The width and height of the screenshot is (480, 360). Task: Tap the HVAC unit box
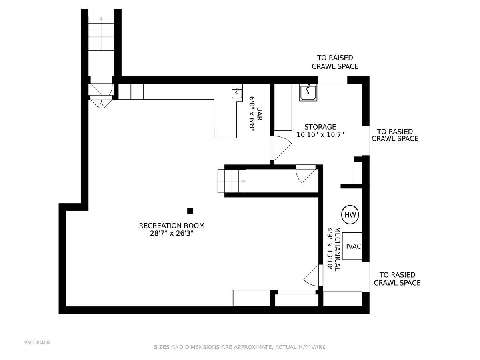[x=352, y=246]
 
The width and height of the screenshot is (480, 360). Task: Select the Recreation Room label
[x=172, y=226]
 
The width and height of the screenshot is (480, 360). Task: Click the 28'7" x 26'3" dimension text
[x=172, y=234]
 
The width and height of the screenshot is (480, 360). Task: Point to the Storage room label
[x=320, y=127]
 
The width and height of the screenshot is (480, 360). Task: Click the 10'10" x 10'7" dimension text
[x=320, y=135]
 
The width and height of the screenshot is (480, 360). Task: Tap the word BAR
[x=260, y=114]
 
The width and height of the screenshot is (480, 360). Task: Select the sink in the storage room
[x=308, y=93]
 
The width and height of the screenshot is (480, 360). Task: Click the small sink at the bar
[x=237, y=94]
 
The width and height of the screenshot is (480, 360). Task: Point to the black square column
[x=190, y=211]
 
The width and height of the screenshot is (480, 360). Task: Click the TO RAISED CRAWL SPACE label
[x=335, y=62]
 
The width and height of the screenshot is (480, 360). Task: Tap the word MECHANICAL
[x=338, y=249]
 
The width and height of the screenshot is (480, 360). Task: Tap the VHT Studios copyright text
[x=37, y=342]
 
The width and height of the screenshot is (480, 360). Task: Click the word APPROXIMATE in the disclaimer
[x=253, y=347]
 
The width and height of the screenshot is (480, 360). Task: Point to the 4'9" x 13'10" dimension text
[x=330, y=249]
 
